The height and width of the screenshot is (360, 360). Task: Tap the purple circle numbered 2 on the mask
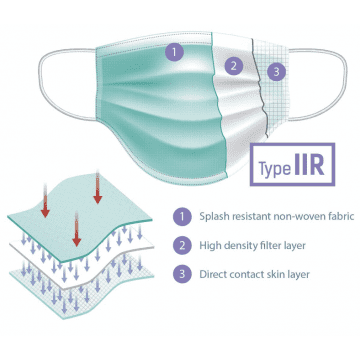coord(233,67)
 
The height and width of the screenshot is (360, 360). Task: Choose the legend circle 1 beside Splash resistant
coord(180,213)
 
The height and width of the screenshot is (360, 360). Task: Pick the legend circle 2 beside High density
coord(180,243)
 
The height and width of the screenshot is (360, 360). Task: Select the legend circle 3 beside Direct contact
coord(180,273)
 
